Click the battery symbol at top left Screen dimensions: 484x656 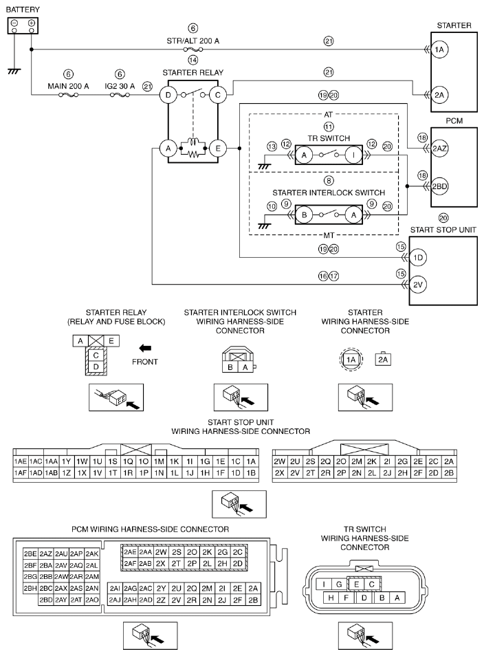pos(23,25)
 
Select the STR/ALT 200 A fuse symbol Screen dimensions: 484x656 pos(193,50)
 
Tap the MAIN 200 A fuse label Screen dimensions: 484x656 pos(68,86)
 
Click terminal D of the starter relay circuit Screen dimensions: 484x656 pos(168,95)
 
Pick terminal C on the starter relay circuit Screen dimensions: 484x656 pos(217,95)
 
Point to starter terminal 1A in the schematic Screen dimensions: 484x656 pos(439,50)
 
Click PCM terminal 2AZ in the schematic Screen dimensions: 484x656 pos(440,149)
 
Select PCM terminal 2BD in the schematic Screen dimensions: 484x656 pos(440,186)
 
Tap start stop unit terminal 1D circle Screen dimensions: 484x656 pos(418,258)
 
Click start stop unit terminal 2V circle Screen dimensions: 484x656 pos(418,285)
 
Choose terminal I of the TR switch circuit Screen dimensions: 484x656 pos(353,155)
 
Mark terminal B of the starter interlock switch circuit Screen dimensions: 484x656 pos(304,215)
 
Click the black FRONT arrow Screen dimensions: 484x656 pos(145,348)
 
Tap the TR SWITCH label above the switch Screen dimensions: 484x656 pos(329,138)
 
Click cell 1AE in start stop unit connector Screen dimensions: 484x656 pos(21,461)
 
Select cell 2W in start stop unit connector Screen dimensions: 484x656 pos(279,461)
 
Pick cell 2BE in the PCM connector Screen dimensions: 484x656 pos(30,554)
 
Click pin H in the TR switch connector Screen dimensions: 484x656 pos(331,598)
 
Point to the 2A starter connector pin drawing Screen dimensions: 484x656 pos(383,360)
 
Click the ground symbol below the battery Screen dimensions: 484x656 pos(14,72)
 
